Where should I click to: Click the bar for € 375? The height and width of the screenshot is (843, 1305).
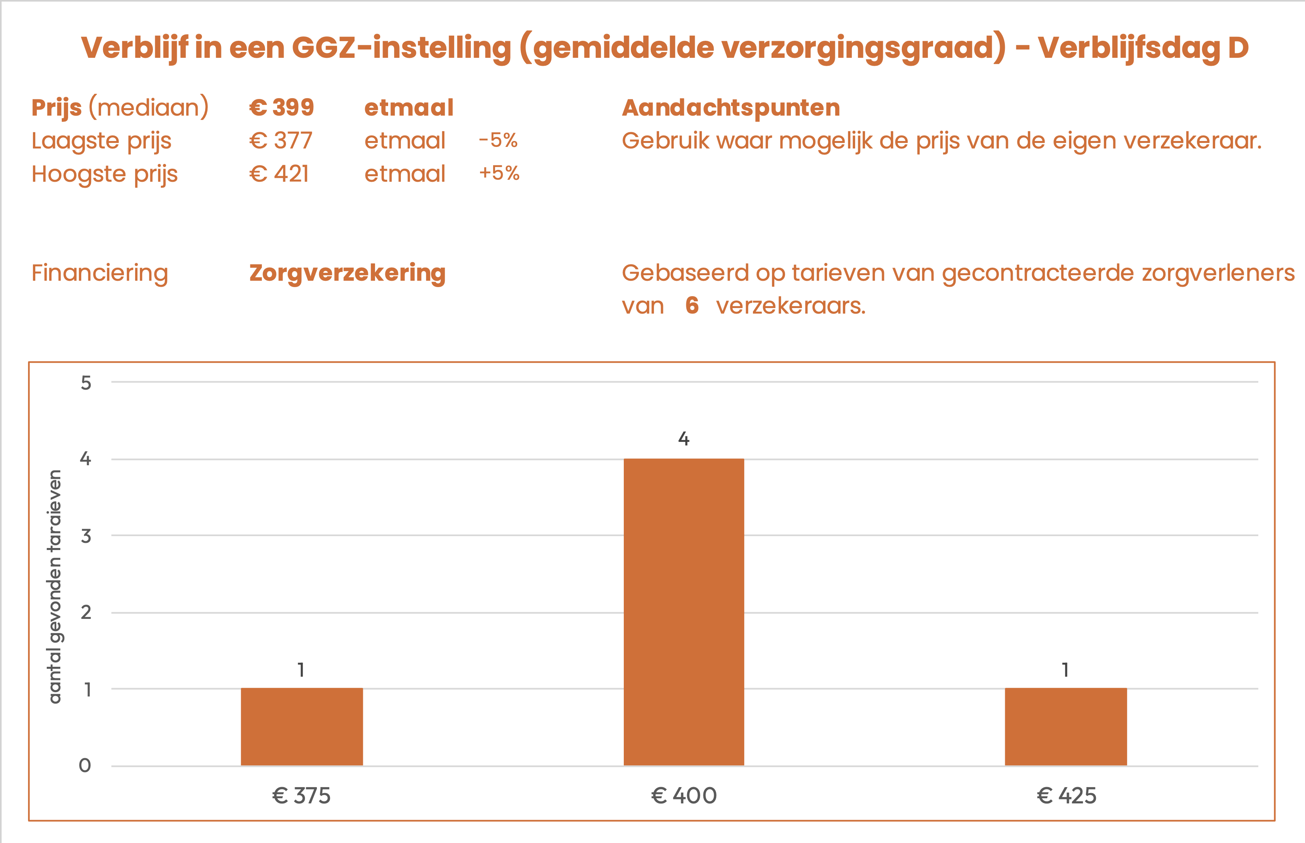302,727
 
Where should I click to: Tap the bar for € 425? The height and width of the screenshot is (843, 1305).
1065,727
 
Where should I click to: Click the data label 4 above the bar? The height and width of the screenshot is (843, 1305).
684,438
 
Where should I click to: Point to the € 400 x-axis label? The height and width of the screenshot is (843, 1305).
684,795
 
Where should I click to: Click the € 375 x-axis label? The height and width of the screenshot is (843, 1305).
302,795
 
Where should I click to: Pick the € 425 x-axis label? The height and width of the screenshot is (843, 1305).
1066,795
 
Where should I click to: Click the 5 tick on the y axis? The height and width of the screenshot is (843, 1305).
86,382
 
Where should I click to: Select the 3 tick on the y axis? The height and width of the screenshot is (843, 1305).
86,536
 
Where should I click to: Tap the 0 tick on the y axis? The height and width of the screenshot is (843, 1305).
85,765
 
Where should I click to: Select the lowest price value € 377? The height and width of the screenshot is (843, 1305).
281,141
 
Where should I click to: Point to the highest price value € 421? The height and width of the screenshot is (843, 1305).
279,174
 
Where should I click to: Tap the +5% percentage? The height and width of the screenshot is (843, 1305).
499,173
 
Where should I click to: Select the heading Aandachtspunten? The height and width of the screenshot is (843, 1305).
731,107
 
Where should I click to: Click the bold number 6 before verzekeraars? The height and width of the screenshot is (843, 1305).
692,305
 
